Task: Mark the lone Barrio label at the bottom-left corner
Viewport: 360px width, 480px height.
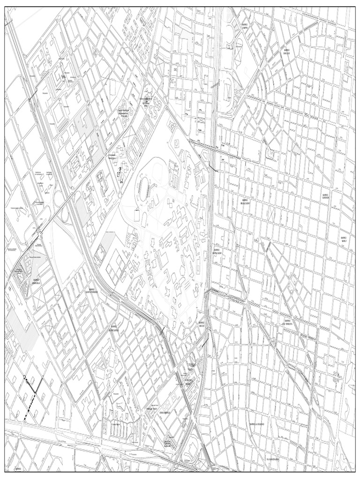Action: point(18,468)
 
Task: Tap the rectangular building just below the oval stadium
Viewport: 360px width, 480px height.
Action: point(137,216)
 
